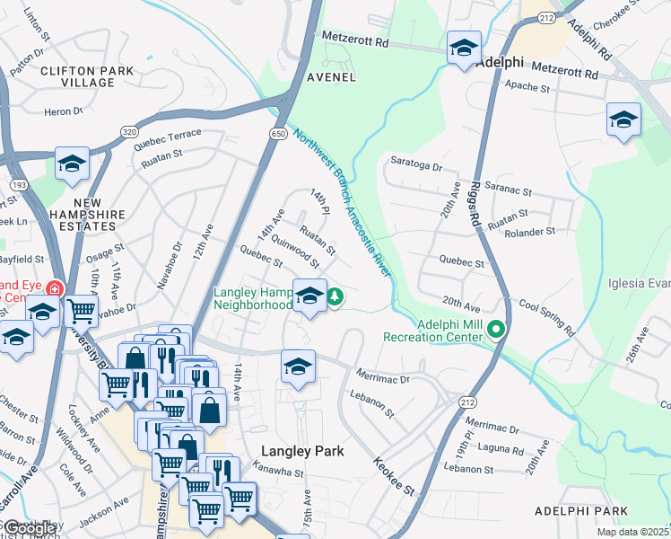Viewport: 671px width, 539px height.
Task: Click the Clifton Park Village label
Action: click(x=86, y=76)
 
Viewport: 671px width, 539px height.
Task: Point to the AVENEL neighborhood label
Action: click(x=331, y=77)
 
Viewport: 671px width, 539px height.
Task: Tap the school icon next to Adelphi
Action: click(x=464, y=48)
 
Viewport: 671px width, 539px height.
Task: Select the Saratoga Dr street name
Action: click(x=417, y=166)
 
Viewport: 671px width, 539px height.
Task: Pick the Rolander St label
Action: click(x=531, y=232)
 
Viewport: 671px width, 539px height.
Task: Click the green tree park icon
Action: click(x=335, y=295)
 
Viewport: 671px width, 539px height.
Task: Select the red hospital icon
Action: click(x=55, y=289)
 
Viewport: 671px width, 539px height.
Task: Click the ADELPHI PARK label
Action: click(x=580, y=510)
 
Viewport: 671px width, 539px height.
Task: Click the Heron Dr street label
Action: click(x=63, y=111)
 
